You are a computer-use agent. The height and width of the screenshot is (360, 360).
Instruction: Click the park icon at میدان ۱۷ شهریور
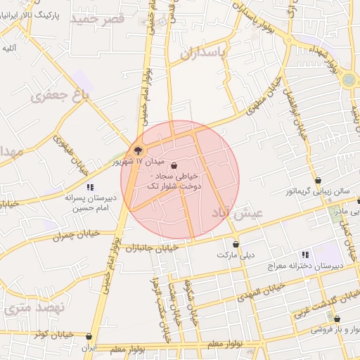point(138,150)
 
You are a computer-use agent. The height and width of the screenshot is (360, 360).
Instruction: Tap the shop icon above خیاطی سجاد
point(174,166)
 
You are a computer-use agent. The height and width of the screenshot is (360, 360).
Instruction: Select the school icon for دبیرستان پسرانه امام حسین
point(90,187)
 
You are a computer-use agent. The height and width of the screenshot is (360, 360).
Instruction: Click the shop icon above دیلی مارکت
point(236,245)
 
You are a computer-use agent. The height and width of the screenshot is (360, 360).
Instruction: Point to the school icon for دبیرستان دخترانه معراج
point(304,255)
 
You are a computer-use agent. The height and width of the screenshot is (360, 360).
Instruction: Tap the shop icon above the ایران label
point(89,337)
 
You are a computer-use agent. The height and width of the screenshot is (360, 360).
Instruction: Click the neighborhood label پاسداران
point(205,53)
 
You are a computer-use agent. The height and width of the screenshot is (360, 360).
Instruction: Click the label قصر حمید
point(102,18)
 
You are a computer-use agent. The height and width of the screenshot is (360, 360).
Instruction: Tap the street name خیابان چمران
point(77,235)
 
